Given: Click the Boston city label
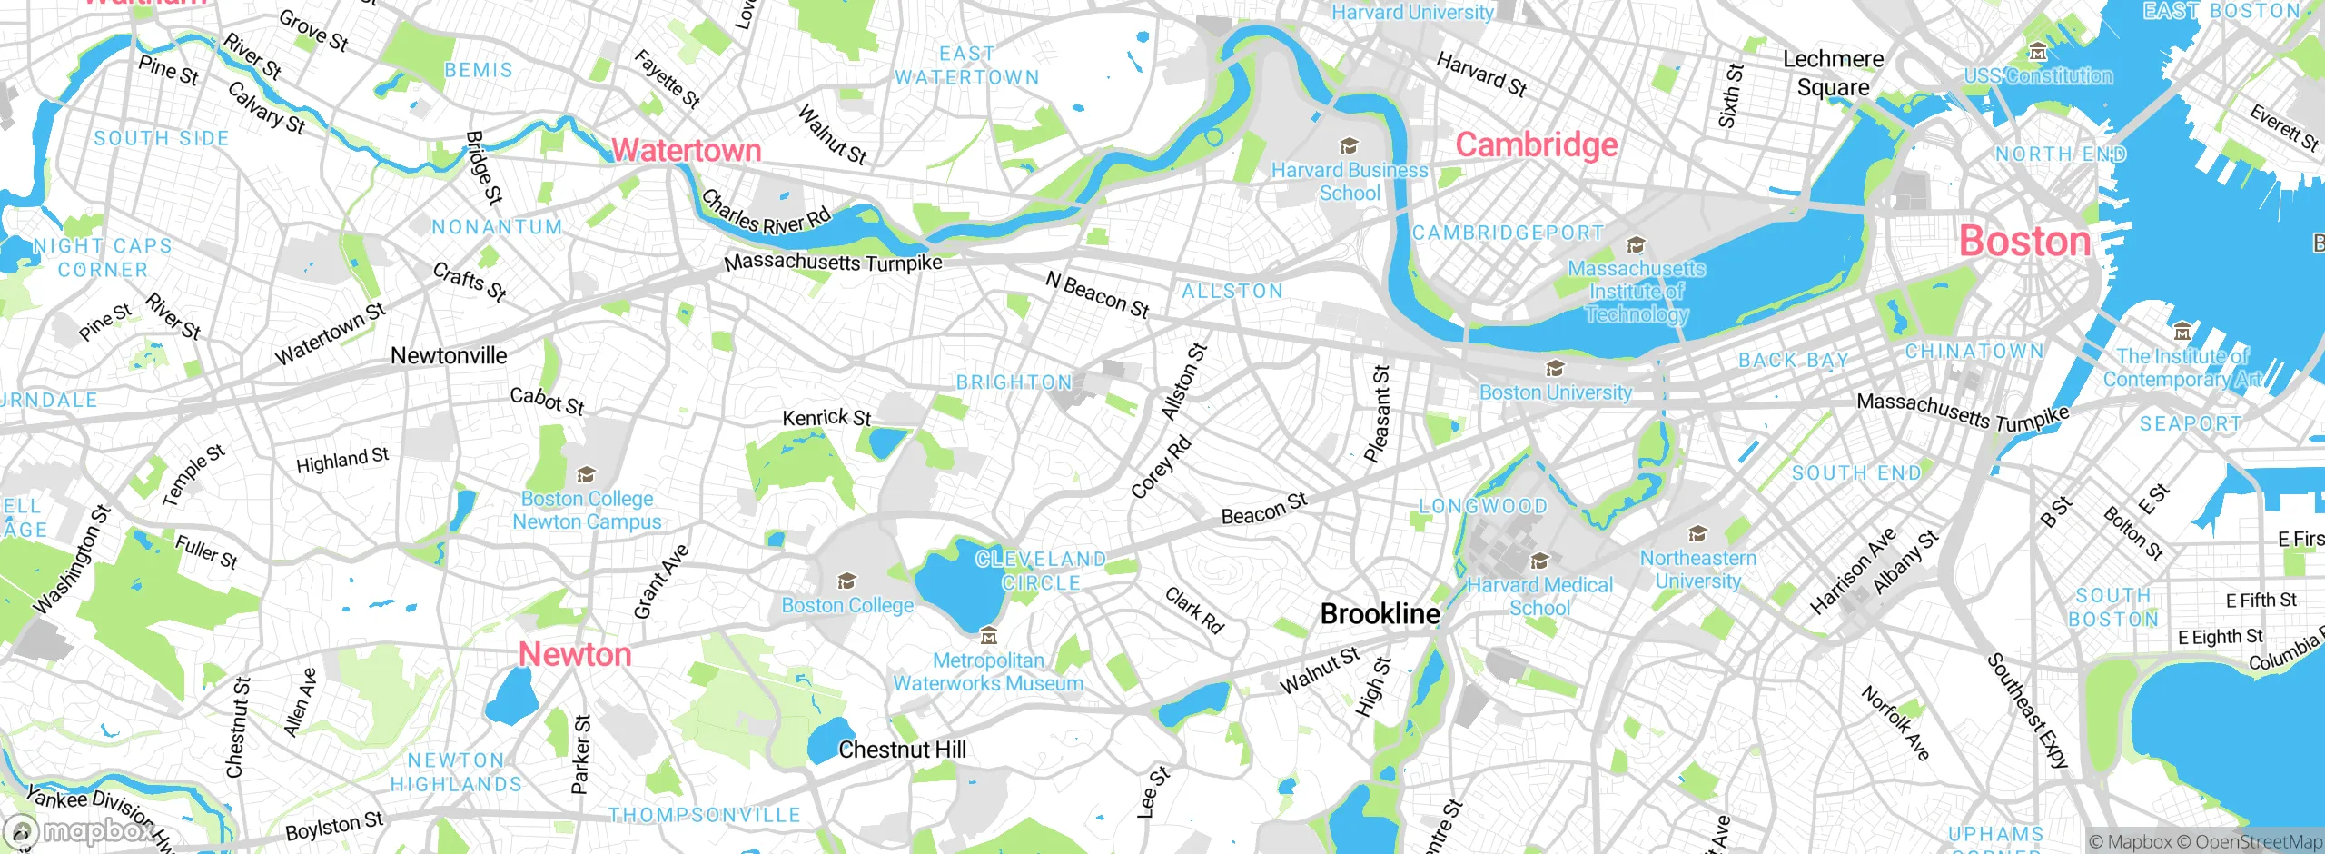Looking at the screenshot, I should click(x=2024, y=242).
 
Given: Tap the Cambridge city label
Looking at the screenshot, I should click(x=1536, y=145).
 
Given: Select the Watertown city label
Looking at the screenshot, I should click(x=686, y=150).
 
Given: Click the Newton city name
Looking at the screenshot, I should click(x=575, y=654).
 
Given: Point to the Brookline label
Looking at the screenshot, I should click(x=1380, y=614).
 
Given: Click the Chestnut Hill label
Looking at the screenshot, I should click(x=902, y=750).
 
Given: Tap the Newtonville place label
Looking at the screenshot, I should click(x=449, y=355).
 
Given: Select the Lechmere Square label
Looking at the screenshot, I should click(x=1833, y=73).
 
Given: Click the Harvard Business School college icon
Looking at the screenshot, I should click(x=1350, y=146).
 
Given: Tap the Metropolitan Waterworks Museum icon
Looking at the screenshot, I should click(x=989, y=636).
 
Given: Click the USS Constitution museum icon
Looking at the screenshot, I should click(x=2037, y=52).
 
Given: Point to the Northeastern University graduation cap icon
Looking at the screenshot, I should click(x=1697, y=534).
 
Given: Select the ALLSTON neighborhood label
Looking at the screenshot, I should click(x=1232, y=292).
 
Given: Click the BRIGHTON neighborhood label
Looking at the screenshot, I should click(x=1014, y=382).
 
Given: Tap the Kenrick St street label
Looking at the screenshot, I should click(x=826, y=418).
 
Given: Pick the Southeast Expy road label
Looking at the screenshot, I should click(x=2027, y=711).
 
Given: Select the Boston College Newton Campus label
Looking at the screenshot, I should click(x=587, y=511).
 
